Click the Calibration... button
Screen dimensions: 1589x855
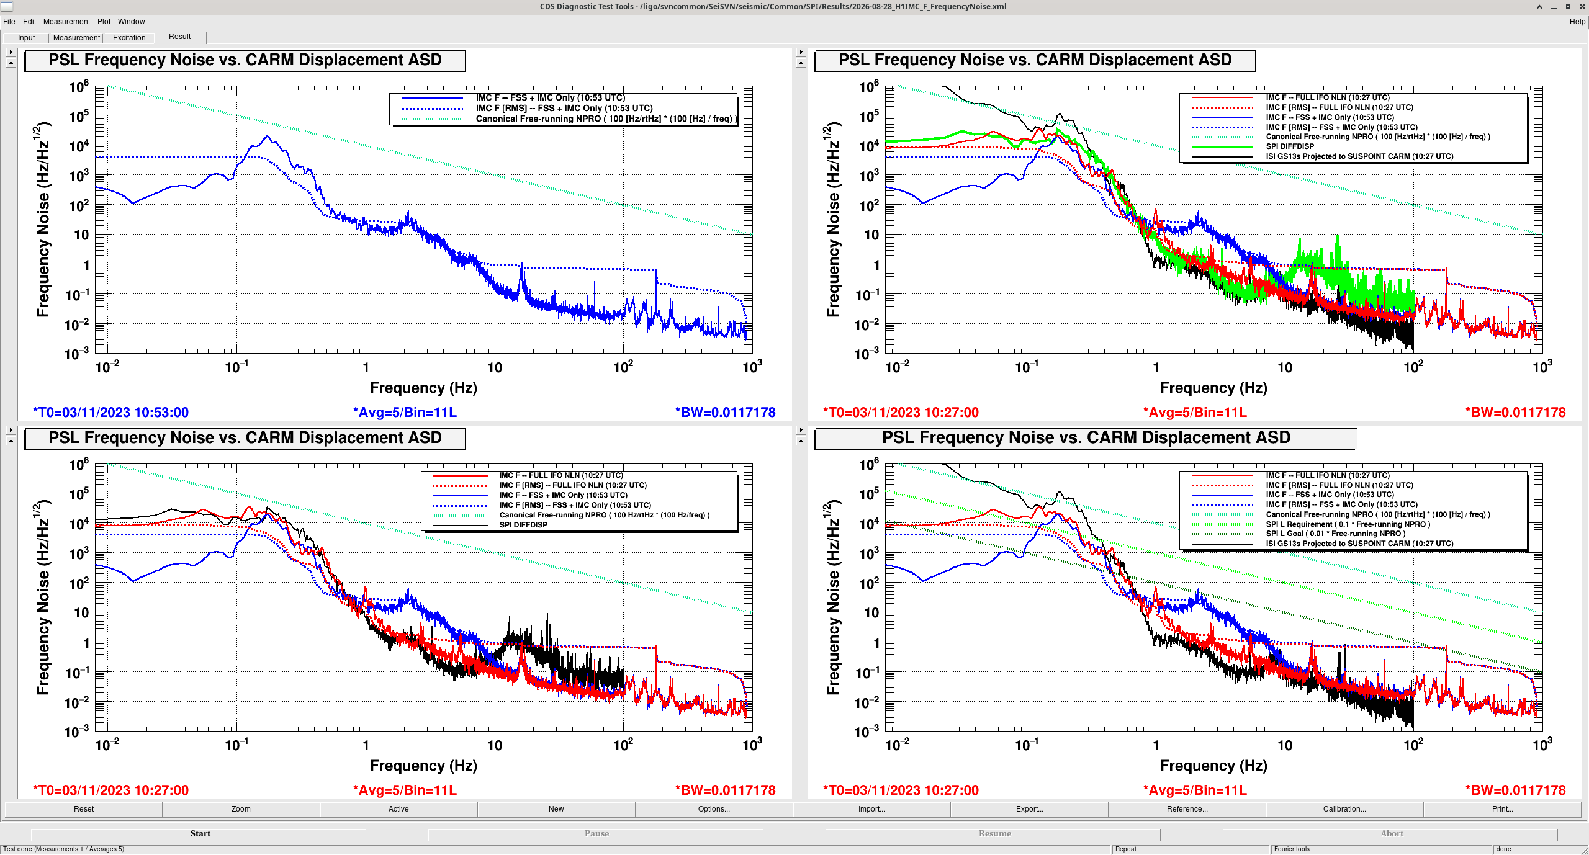pos(1344,808)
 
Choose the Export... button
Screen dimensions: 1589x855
pos(1029,808)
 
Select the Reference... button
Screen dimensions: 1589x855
pos(1187,808)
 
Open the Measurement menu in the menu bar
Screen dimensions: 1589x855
pos(66,22)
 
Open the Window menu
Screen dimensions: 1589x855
pos(131,22)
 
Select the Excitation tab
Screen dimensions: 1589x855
pos(129,38)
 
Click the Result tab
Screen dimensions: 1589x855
pos(180,37)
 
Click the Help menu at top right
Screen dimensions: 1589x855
pos(1577,22)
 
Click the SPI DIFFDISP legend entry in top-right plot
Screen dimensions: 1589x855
pos(1290,146)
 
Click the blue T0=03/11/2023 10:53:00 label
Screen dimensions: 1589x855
pos(110,412)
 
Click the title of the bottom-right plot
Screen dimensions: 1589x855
pos(1086,437)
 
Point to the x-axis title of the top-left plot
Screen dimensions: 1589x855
pos(423,388)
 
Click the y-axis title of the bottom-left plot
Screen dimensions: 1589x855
pos(43,597)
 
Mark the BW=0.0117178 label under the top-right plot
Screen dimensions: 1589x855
pos(1515,412)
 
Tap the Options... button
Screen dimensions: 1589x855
pos(714,808)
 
